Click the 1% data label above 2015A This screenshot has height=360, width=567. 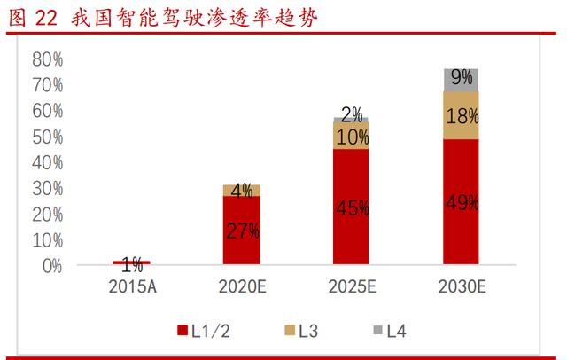click(132, 263)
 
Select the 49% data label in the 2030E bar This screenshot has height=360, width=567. click(461, 202)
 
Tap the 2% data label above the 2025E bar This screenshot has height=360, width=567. click(352, 113)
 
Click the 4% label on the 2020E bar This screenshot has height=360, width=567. click(241, 190)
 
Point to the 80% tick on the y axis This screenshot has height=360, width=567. click(47, 59)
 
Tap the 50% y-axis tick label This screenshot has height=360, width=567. click(47, 137)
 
